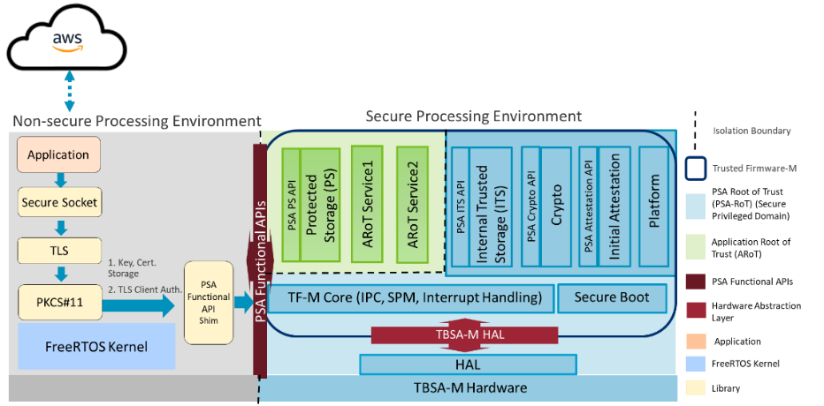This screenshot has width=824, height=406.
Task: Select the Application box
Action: [58, 155]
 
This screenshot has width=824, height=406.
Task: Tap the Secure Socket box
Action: [59, 203]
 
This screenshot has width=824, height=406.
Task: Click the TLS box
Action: [59, 251]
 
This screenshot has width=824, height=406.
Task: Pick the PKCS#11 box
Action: [59, 303]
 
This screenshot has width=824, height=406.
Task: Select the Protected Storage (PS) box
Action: [320, 205]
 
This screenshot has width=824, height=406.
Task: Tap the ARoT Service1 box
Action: [368, 204]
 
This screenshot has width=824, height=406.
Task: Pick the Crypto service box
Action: [556, 206]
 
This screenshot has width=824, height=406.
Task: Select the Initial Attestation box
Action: [613, 206]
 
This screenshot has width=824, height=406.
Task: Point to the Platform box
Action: [653, 205]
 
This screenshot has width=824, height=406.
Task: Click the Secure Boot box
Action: [612, 298]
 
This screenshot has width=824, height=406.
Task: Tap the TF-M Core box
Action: [410, 298]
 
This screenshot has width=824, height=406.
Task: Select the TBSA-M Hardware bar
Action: [469, 387]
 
